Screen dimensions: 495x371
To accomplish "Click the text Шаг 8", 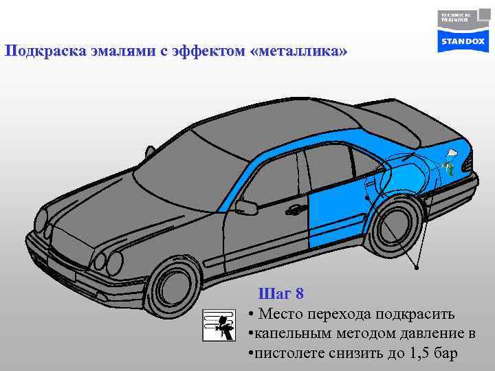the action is coord(280,294).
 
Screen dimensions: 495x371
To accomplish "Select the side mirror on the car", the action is coord(245,207).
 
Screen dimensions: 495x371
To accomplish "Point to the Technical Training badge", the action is coord(454,17).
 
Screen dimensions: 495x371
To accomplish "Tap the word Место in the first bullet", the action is coord(282,315).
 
